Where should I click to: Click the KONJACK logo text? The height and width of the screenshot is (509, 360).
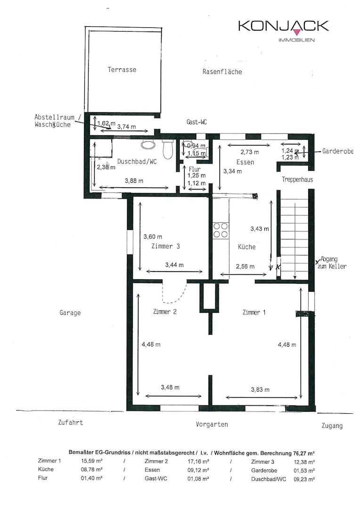pyautogui.click(x=283, y=25)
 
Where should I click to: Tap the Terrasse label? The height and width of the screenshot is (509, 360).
pyautogui.click(x=122, y=69)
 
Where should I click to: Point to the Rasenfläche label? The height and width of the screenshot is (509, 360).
pyautogui.click(x=222, y=72)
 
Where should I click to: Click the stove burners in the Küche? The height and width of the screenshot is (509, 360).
pyautogui.click(x=221, y=230)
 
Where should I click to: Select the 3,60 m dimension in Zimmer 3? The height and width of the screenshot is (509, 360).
pyautogui.click(x=153, y=237)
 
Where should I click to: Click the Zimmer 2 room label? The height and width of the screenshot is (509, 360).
pyautogui.click(x=165, y=312)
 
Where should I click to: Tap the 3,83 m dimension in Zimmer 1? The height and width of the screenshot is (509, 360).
pyautogui.click(x=261, y=390)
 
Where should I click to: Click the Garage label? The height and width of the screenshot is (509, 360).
pyautogui.click(x=70, y=313)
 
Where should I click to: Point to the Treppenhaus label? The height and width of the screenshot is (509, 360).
pyautogui.click(x=297, y=180)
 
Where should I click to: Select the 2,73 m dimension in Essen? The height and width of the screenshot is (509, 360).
pyautogui.click(x=250, y=152)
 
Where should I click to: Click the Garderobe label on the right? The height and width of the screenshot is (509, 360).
pyautogui.click(x=337, y=151)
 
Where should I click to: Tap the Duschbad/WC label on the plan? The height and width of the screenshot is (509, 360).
pyautogui.click(x=137, y=161)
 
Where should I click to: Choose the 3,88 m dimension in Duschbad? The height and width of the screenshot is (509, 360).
pyautogui.click(x=134, y=181)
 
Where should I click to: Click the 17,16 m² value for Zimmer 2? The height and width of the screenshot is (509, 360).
pyautogui.click(x=198, y=461)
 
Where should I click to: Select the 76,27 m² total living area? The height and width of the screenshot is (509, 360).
pyautogui.click(x=303, y=452)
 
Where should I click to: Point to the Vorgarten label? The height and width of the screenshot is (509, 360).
pyautogui.click(x=212, y=424)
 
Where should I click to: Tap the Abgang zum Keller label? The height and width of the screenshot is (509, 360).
pyautogui.click(x=334, y=263)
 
